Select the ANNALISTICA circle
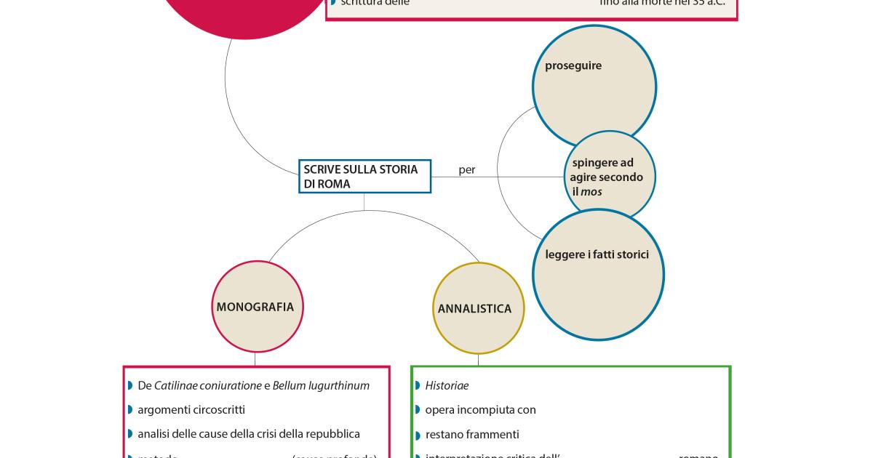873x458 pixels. (474, 309)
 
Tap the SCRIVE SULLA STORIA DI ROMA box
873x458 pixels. (364, 177)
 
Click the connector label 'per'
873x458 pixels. (467, 170)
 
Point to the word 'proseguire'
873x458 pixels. (573, 65)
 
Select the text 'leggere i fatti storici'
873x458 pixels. (597, 254)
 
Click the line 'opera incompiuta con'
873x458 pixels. (480, 410)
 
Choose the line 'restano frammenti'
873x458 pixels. (472, 435)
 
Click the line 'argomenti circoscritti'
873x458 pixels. (191, 410)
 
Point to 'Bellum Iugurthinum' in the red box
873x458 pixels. (321, 386)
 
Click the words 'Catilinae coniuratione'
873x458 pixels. (207, 386)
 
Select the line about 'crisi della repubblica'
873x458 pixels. (249, 434)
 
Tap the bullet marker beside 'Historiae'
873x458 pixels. (418, 385)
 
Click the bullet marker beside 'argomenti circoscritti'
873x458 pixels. (130, 410)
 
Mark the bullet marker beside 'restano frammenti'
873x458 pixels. (418, 435)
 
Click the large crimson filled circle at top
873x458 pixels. (240, 11)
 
